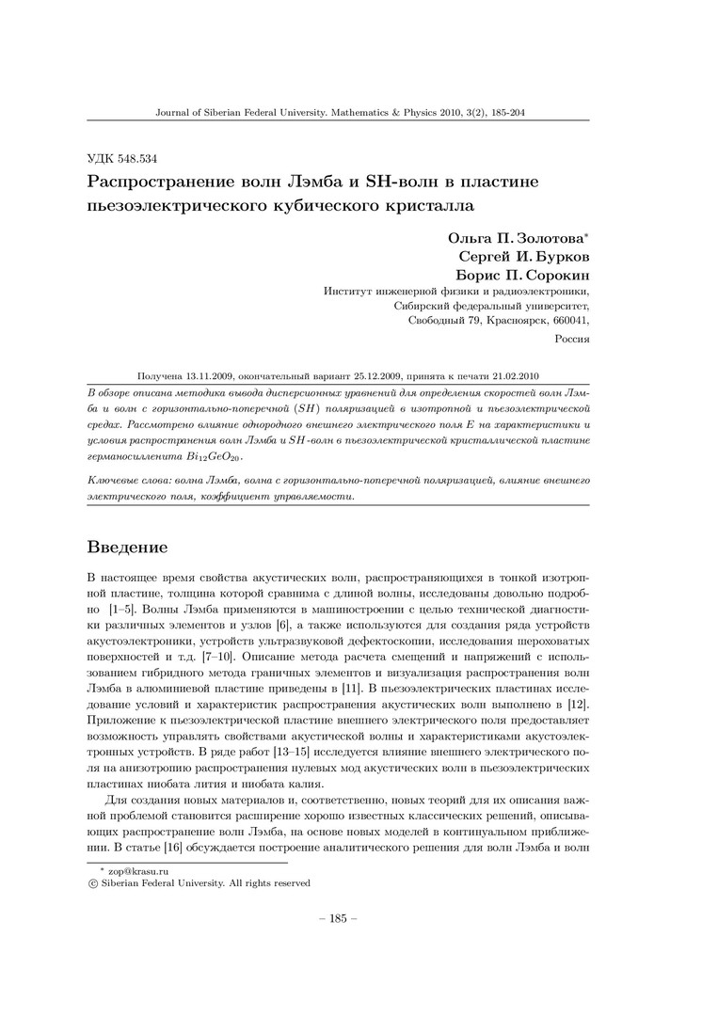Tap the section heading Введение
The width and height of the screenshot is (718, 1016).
127,547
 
